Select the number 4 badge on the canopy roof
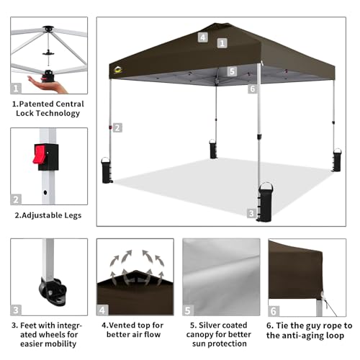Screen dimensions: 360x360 coord(203,37)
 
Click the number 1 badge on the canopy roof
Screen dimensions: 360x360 coord(222,43)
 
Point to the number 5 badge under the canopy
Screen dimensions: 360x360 coord(232,71)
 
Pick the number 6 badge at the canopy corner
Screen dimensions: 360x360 coord(252,89)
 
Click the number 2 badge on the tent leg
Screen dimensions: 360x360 coord(117,127)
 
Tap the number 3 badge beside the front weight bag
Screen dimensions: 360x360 coord(251,213)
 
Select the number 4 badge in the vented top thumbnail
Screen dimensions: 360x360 coord(104,311)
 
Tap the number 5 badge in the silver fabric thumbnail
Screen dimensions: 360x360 coord(189,311)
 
